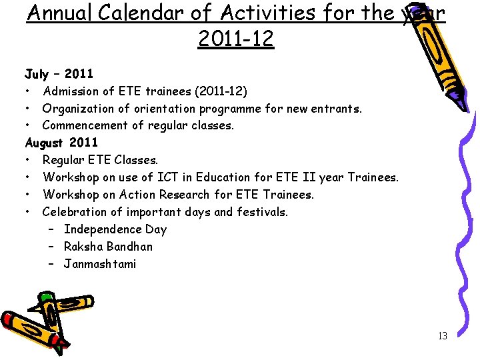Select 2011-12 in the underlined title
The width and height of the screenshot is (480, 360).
pyautogui.click(x=236, y=39)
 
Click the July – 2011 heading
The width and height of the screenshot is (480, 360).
pyautogui.click(x=59, y=73)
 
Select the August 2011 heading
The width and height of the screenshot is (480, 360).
pyautogui.click(x=61, y=143)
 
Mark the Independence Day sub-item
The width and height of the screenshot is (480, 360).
pyautogui.click(x=115, y=229)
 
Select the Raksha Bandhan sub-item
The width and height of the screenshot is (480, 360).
pyautogui.click(x=108, y=247)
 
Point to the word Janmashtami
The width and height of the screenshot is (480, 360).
pyautogui.click(x=100, y=264)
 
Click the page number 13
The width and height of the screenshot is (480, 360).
pyautogui.click(x=443, y=336)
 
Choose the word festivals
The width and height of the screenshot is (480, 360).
pyautogui.click(x=263, y=212)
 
